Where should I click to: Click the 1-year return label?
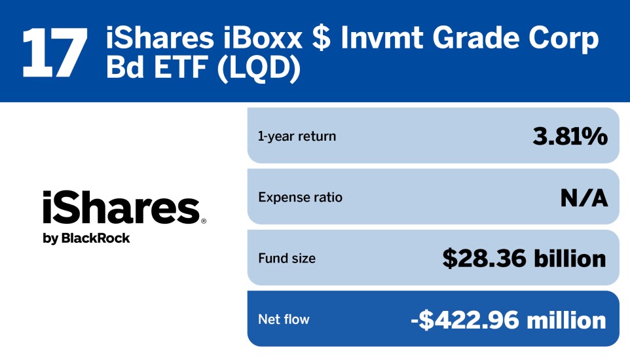(x=297, y=136)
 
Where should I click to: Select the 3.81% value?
(x=570, y=136)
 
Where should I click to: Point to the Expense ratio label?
(x=300, y=197)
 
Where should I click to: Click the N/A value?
(x=584, y=197)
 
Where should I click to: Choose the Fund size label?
(x=287, y=259)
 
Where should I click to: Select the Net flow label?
(x=284, y=319)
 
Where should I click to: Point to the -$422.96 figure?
(x=462, y=319)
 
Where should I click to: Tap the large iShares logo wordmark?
(x=120, y=208)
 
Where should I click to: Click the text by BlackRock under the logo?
(x=86, y=238)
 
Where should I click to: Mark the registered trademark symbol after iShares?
(x=204, y=221)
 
